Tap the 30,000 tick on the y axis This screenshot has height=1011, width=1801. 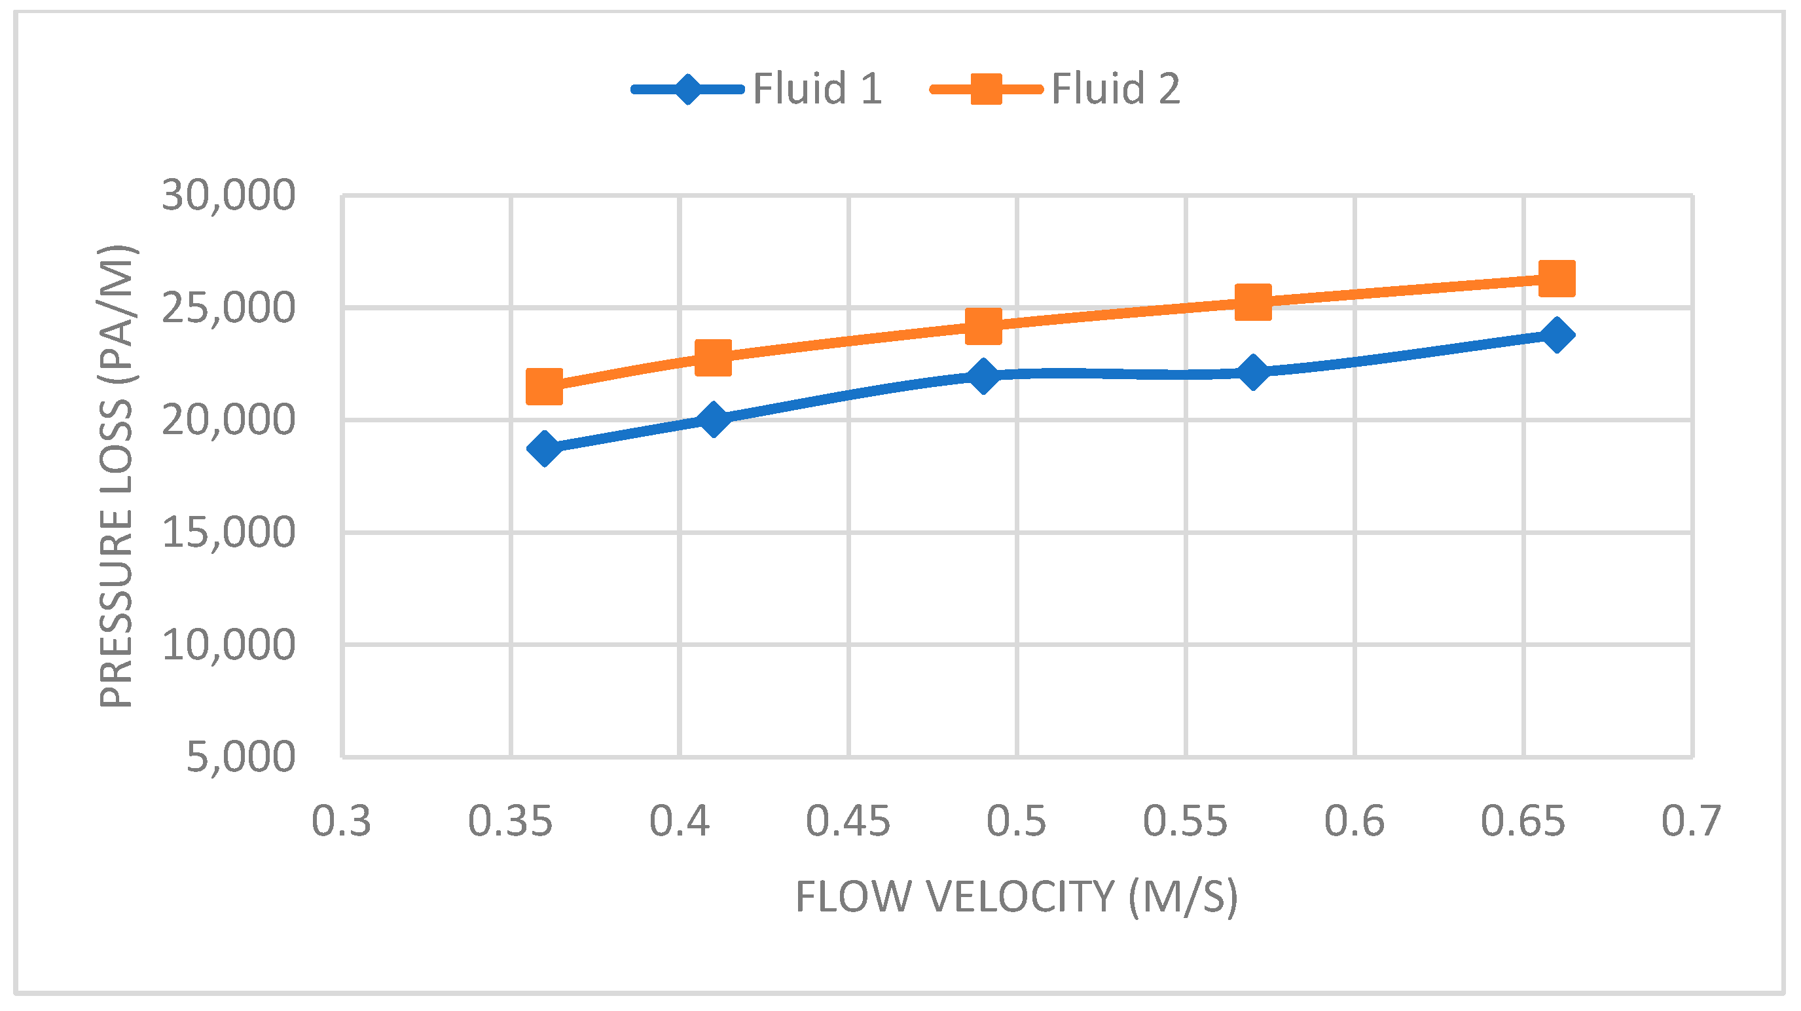click(x=228, y=195)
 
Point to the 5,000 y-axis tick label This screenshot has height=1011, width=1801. click(x=240, y=757)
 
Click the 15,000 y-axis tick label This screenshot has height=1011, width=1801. click(x=228, y=533)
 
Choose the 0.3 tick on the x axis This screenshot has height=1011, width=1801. click(x=341, y=821)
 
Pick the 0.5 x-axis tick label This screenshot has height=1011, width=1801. click(x=1017, y=821)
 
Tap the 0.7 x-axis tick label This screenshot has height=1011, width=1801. click(x=1691, y=821)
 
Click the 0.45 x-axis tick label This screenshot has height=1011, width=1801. click(x=848, y=821)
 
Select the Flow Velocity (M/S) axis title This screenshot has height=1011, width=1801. click(x=1017, y=896)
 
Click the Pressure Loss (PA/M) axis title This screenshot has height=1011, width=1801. click(x=117, y=476)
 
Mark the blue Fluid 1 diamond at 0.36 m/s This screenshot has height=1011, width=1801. click(x=545, y=448)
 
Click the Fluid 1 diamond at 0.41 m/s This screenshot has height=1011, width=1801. click(x=713, y=419)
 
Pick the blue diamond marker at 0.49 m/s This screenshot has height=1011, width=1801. click(x=983, y=376)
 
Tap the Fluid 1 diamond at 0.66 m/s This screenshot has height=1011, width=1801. click(x=1557, y=335)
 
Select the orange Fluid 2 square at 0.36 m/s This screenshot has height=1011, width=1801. click(x=545, y=386)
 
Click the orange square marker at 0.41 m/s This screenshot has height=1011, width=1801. click(x=713, y=358)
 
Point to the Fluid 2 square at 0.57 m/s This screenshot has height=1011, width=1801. click(x=1253, y=302)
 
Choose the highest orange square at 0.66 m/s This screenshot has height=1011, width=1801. click(x=1557, y=278)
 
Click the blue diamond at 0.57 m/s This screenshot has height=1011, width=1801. click(x=1253, y=371)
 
